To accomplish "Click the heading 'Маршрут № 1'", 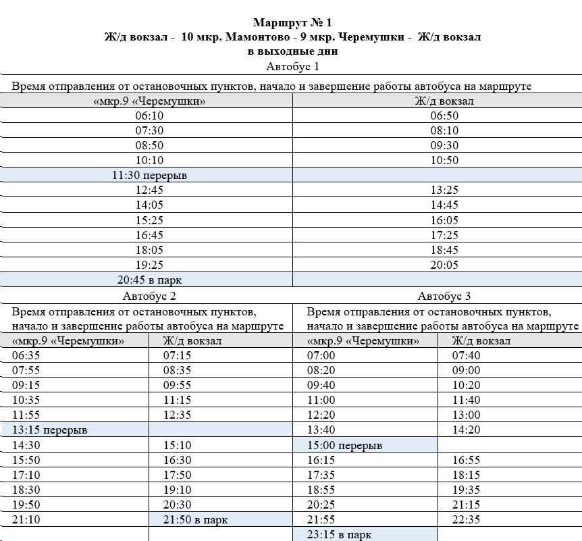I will click(x=292, y=24).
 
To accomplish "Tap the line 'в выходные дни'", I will click(x=292, y=51).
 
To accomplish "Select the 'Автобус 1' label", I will click(x=292, y=66).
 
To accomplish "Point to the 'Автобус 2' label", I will click(x=149, y=296).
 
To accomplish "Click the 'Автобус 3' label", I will click(x=444, y=296).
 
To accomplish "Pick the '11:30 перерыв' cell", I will click(x=149, y=175).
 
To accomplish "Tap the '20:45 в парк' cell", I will click(x=149, y=280).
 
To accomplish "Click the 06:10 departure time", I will click(x=149, y=115).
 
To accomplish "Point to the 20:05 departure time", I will click(x=444, y=265).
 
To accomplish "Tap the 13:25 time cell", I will click(x=444, y=190).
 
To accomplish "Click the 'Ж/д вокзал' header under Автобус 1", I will click(x=444, y=101).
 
